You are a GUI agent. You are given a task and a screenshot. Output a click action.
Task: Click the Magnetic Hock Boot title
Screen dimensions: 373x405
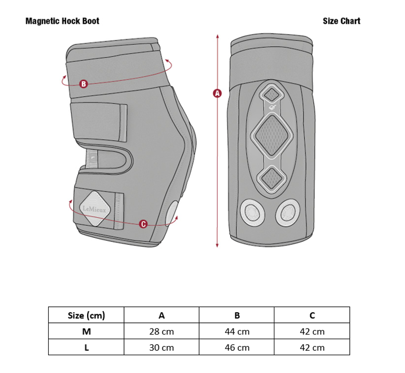[x=62, y=21]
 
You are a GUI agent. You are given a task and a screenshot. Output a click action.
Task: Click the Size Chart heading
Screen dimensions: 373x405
[x=341, y=21]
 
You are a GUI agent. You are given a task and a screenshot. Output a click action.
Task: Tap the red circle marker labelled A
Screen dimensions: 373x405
[x=217, y=93]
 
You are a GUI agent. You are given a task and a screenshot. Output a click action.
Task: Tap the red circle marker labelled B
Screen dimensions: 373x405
[x=84, y=84]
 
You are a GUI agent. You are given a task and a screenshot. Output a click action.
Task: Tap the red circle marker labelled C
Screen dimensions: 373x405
[x=143, y=224]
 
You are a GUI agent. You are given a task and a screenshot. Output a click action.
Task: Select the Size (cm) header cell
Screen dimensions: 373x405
[x=86, y=315]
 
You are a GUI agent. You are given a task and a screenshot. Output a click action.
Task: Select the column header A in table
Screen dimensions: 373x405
[x=161, y=315]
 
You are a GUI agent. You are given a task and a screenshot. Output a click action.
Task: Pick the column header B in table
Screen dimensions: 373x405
[x=236, y=315]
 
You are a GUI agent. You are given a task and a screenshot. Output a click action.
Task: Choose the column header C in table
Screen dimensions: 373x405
[x=312, y=315]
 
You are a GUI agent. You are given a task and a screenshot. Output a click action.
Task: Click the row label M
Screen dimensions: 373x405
[x=86, y=331]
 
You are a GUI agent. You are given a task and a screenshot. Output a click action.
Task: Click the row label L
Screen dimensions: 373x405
[x=86, y=348]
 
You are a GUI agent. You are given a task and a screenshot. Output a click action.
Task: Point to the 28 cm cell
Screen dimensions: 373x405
[x=161, y=331]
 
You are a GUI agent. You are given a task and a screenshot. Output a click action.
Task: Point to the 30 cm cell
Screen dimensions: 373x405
[x=161, y=348]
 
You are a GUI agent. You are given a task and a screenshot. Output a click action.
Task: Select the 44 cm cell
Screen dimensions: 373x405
[x=236, y=331]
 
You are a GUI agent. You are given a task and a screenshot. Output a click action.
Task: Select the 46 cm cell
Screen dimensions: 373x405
[x=236, y=348]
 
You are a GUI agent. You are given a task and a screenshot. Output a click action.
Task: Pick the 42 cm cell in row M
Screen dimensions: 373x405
[x=312, y=331]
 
